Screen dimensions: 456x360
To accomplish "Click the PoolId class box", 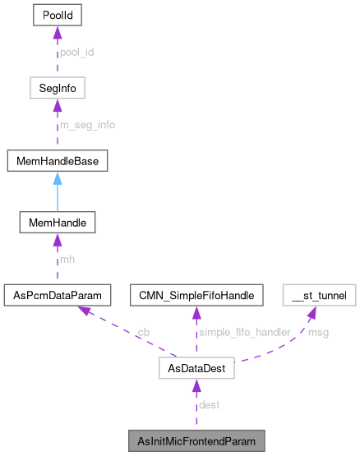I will tap(54, 14).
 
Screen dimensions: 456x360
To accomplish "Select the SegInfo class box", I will tap(54, 87).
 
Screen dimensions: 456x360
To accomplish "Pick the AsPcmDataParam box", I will tap(54, 294).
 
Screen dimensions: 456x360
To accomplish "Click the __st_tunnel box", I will tap(320, 294).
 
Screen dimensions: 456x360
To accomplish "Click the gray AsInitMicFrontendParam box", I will tap(196, 441).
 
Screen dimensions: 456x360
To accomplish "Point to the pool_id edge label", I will tap(77, 51).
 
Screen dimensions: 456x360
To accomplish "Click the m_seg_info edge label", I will tap(87, 125).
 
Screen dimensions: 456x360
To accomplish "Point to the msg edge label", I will tap(316, 332).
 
